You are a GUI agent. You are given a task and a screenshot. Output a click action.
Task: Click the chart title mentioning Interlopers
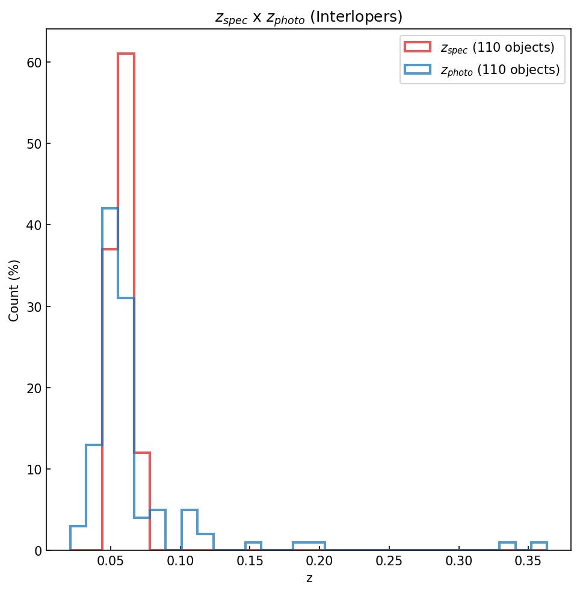pos(309,17)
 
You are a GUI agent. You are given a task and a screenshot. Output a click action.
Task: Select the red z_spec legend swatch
pos(417,47)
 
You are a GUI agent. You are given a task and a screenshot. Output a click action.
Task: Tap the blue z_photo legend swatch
pos(417,69)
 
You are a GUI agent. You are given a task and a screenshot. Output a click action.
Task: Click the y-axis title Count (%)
pos(14,290)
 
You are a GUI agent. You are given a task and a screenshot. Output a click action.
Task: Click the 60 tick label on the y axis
pos(33,63)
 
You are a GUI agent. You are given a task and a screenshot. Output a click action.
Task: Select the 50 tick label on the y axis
pos(33,144)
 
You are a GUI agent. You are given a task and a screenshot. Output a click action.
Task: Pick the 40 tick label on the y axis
pos(33,225)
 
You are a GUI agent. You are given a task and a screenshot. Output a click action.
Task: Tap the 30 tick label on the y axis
pos(33,307)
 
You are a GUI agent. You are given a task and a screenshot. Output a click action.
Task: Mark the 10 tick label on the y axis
pos(33,470)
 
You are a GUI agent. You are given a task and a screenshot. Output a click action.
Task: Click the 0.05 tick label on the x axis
pos(110,564)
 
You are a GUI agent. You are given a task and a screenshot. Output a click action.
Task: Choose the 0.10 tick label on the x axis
pos(180,564)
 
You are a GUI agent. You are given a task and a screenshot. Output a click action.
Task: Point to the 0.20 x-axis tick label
pos(319,564)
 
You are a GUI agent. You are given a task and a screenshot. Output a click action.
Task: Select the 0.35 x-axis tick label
pos(529,564)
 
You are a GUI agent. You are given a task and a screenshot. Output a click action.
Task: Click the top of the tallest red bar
pos(126,54)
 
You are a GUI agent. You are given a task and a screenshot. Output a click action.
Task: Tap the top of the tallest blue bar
pos(110,209)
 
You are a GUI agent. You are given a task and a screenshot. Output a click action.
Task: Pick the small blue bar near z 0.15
pos(253,547)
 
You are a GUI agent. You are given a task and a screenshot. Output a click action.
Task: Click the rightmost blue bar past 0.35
pos(538,547)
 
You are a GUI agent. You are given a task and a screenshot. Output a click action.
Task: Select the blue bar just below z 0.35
pos(507,547)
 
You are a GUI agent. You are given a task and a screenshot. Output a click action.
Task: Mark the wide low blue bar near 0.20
pos(309,547)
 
